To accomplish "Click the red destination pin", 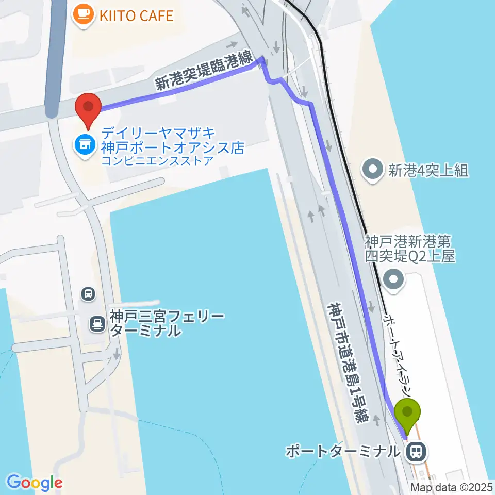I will point(88,108).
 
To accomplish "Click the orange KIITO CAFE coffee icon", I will point(83,14).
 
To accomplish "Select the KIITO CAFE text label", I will point(137,15).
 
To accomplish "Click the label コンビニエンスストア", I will point(157,161).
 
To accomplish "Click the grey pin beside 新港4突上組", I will point(372,169).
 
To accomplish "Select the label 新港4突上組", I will point(428,171).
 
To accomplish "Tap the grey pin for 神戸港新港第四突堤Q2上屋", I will point(395,280).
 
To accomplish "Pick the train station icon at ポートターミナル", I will point(415,453).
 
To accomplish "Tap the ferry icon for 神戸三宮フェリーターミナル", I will point(96,323).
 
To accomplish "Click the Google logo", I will point(35,482).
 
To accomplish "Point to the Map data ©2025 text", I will point(451,487).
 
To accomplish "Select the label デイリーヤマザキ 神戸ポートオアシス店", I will point(172,140).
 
